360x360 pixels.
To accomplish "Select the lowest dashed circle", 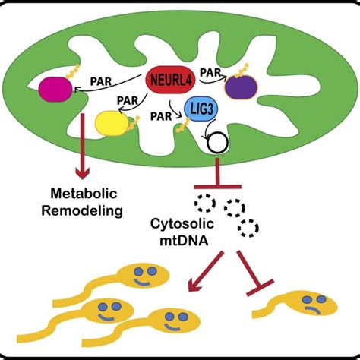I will [x=247, y=229].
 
